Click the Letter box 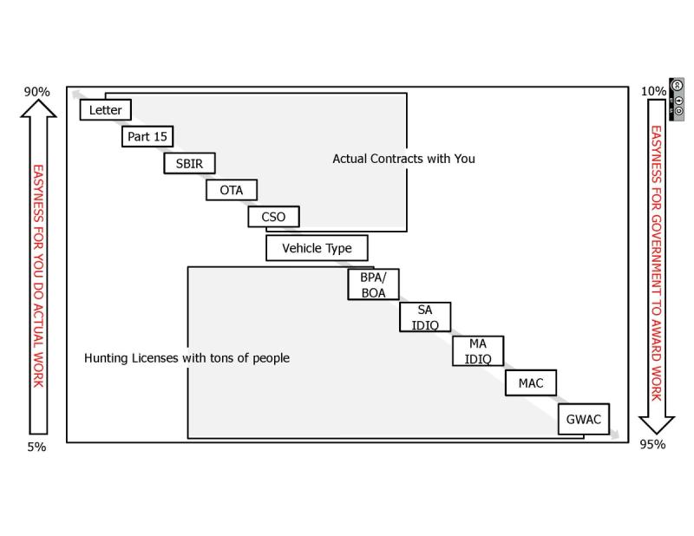106,110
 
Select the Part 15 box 147,136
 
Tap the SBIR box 189,163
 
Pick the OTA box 232,190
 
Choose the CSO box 273,216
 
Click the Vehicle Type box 317,248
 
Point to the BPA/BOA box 373,285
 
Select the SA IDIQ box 425,317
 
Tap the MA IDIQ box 477,351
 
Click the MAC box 531,382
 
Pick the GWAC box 583,420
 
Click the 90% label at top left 37,92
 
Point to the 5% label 36,447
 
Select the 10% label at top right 653,91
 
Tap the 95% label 653,445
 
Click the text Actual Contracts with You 403,159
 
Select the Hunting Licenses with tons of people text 187,357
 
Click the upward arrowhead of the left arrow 38,108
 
